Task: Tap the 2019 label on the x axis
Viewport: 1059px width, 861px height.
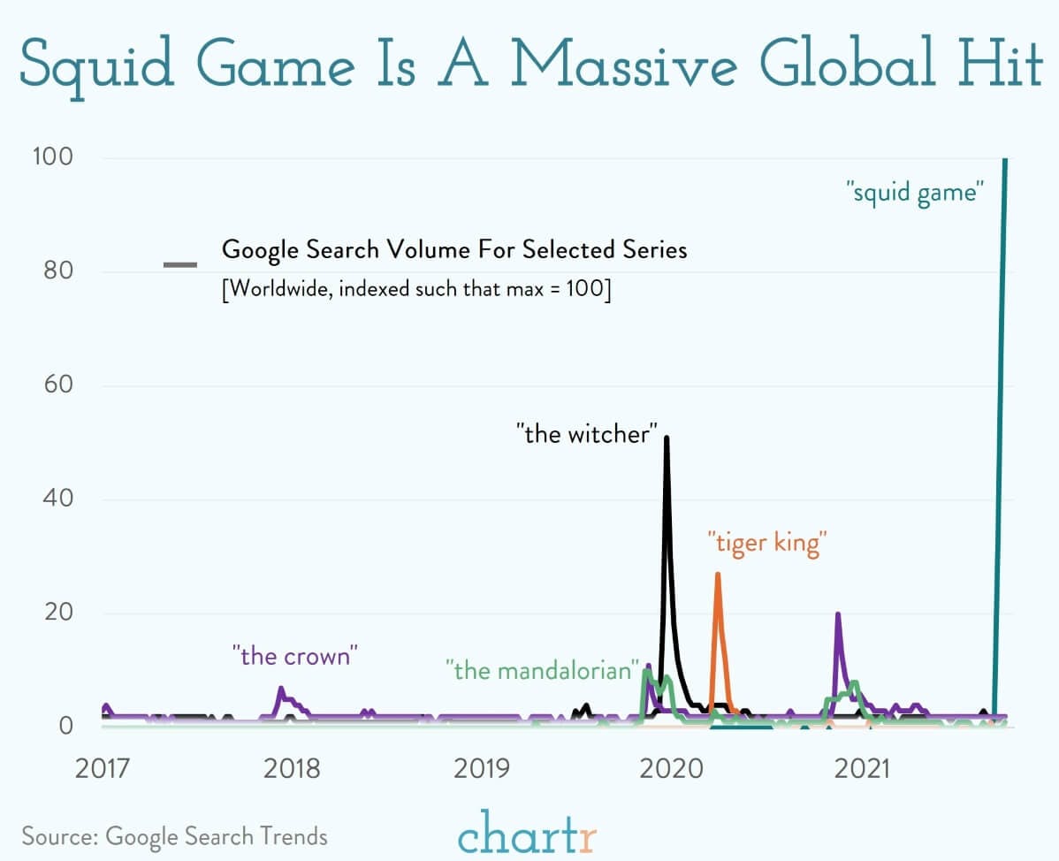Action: (483, 767)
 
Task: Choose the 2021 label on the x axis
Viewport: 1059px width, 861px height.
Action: (862, 767)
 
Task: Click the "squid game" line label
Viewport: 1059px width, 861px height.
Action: (915, 192)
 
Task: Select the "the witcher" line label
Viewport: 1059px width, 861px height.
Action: (588, 434)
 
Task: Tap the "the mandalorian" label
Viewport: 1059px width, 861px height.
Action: (543, 669)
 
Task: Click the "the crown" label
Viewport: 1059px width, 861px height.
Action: (295, 656)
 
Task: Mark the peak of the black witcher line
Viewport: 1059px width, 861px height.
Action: (667, 438)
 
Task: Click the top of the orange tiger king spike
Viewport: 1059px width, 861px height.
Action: (718, 575)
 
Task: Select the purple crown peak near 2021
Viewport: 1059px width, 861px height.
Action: (837, 614)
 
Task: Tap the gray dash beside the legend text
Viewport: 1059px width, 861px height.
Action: (180, 264)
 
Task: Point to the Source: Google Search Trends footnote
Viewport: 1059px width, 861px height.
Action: (174, 835)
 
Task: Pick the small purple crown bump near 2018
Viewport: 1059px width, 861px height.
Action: (281, 689)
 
